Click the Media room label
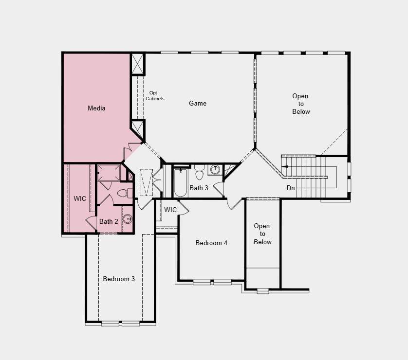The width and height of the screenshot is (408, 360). click(96, 108)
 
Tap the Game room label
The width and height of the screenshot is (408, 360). click(198, 103)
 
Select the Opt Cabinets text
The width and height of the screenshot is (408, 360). click(155, 96)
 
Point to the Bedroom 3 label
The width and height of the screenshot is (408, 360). click(119, 279)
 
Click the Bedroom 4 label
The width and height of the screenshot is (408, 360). click(211, 243)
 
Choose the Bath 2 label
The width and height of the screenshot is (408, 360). click(109, 221)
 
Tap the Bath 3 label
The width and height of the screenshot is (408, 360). click(199, 188)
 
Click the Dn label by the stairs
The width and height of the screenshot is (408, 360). click(291, 188)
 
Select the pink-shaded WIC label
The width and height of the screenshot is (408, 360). click(80, 198)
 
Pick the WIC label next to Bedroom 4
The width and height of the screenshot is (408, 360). click(170, 210)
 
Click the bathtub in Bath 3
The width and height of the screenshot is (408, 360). click(181, 183)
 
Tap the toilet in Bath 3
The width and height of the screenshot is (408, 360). click(200, 172)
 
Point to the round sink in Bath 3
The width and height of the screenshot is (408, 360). click(215, 169)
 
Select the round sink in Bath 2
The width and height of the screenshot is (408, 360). click(128, 219)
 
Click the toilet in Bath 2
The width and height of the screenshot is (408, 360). click(125, 194)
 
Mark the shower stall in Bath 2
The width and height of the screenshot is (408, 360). click(109, 173)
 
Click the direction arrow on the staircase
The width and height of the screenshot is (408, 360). click(285, 166)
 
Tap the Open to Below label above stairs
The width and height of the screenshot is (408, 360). click(301, 104)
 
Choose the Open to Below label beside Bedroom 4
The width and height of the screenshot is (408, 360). click(262, 234)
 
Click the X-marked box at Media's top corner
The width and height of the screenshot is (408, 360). click(137, 64)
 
